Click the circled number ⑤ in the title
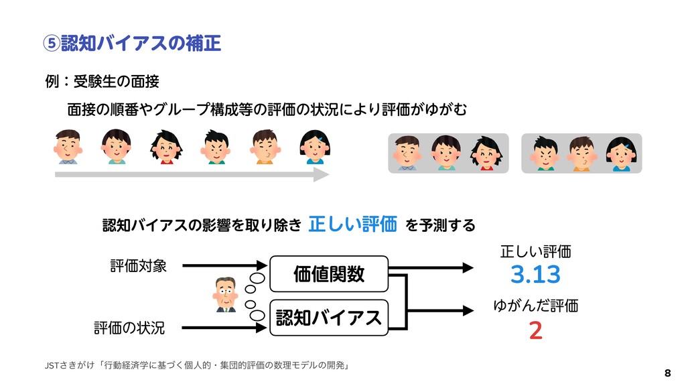tap(51, 44)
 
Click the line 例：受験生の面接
tap(101, 82)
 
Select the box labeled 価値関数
tap(329, 273)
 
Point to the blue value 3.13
tap(535, 275)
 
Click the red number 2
tap(535, 330)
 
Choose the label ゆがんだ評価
tap(535, 306)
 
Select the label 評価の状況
tap(129, 328)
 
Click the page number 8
tap(667, 372)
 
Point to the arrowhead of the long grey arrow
tap(322, 175)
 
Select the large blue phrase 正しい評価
tap(352, 222)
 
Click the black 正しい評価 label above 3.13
tap(535, 252)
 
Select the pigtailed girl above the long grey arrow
tap(166, 146)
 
